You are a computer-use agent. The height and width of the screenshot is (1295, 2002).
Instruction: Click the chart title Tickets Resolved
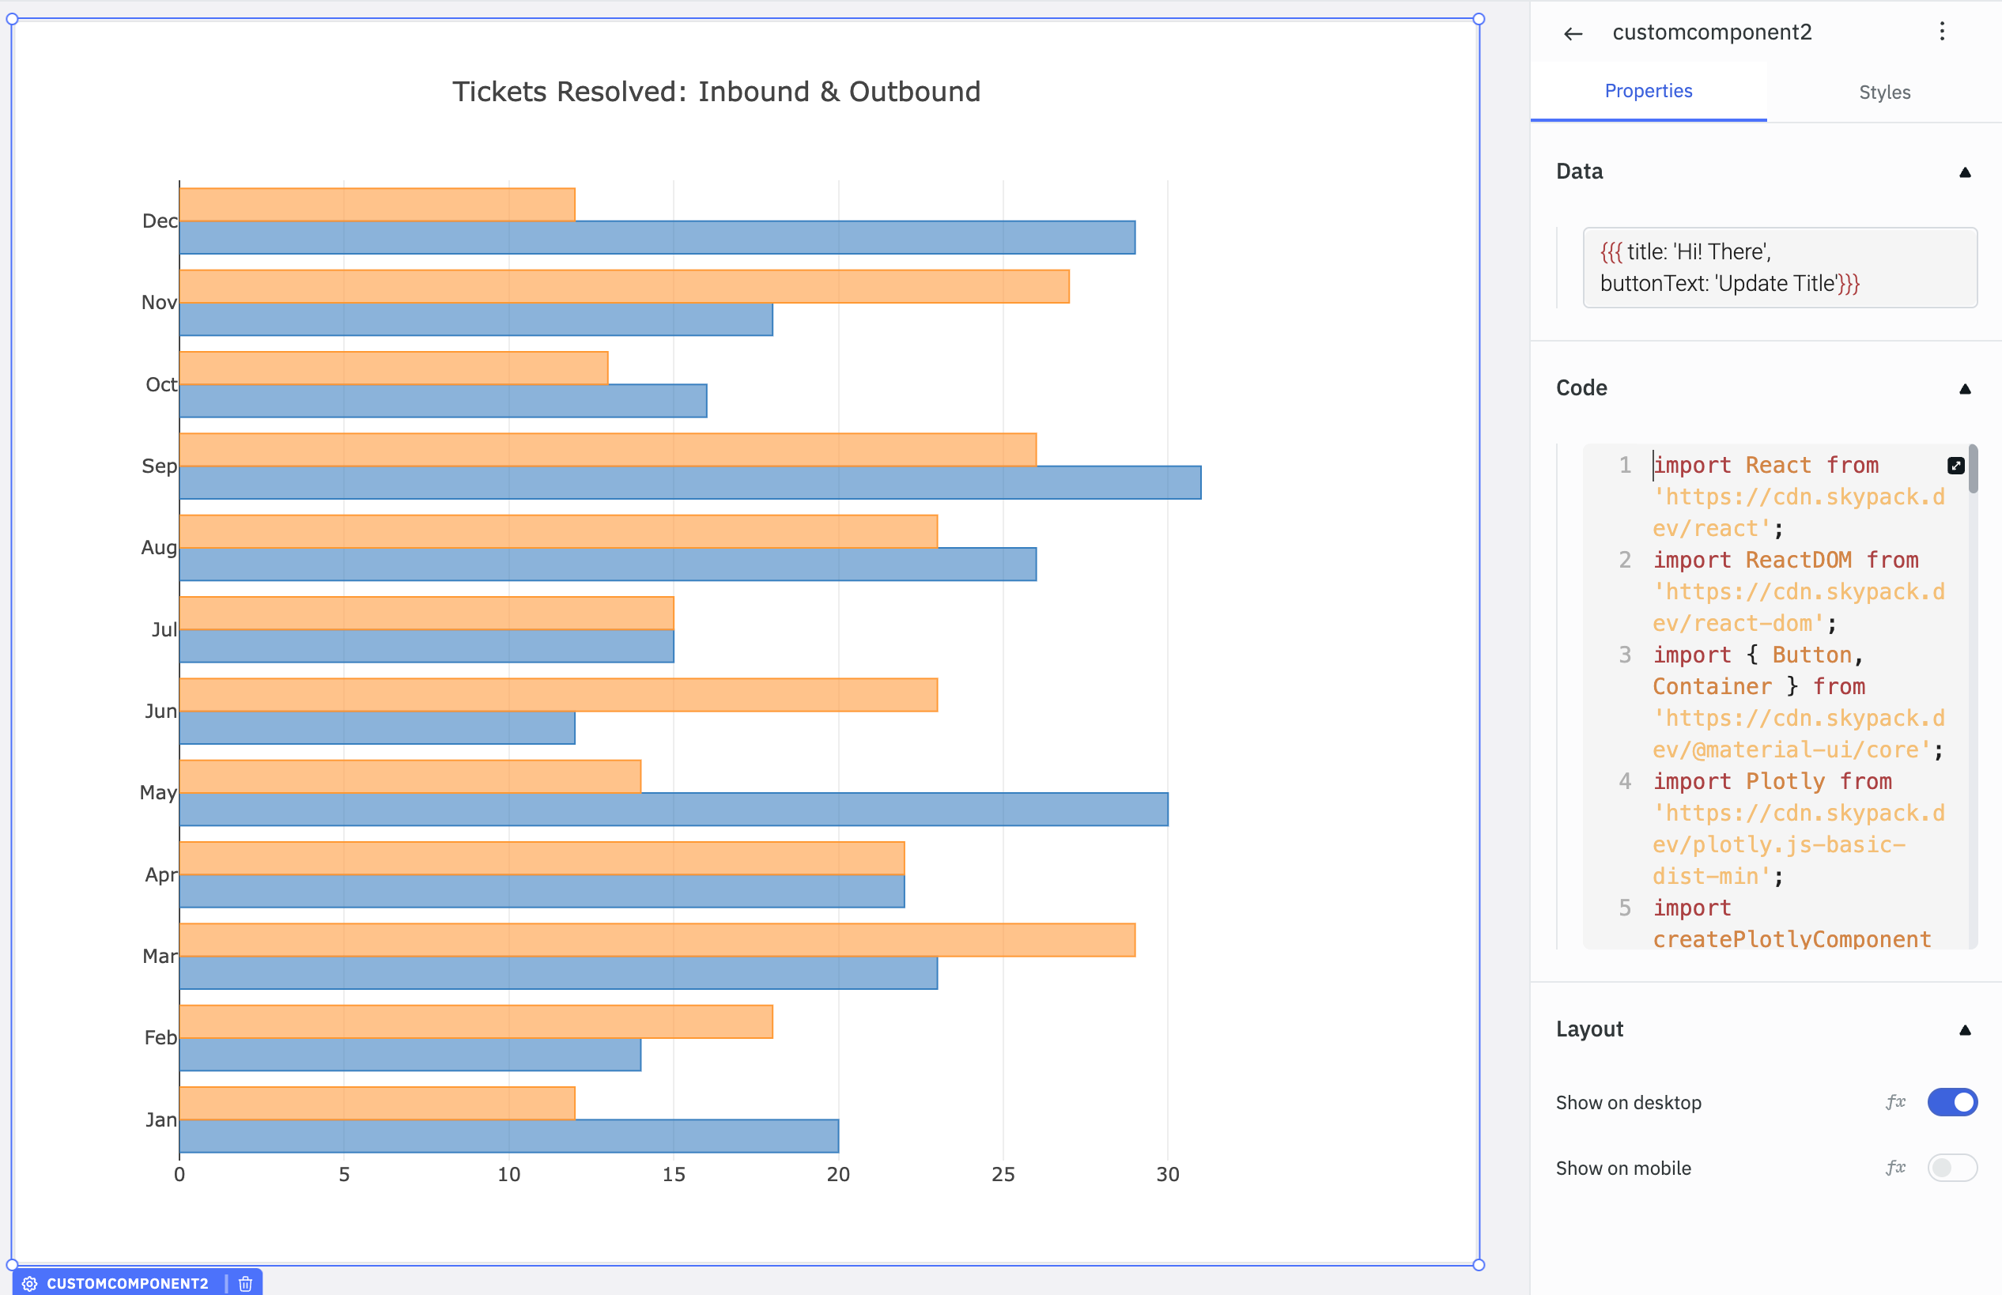click(x=716, y=92)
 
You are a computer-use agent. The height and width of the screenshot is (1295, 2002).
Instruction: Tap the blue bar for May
click(x=673, y=809)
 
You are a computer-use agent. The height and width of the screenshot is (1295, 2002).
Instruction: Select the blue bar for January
click(x=508, y=1136)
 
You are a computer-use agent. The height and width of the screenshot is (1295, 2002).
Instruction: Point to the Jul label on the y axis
click(x=164, y=630)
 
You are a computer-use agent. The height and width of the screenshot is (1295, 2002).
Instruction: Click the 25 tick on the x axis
click(x=1003, y=1175)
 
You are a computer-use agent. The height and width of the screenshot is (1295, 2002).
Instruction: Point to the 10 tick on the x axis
click(x=508, y=1175)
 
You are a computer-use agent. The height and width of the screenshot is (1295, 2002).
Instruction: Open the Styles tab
click(x=1884, y=92)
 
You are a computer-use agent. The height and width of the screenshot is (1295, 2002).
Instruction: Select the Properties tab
click(x=1648, y=91)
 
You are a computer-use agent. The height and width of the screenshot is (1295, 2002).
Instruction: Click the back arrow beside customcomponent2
click(x=1573, y=34)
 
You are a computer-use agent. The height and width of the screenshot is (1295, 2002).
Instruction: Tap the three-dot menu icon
click(x=1941, y=32)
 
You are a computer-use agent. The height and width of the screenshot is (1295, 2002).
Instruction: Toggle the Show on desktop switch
click(x=1951, y=1101)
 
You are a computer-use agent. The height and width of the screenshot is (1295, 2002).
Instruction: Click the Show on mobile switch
click(x=1951, y=1167)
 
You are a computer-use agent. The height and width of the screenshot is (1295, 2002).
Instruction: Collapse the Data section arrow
click(x=1964, y=172)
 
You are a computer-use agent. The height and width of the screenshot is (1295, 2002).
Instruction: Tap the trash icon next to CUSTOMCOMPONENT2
click(x=246, y=1283)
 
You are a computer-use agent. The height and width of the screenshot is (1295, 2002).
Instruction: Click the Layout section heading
click(x=1589, y=1029)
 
